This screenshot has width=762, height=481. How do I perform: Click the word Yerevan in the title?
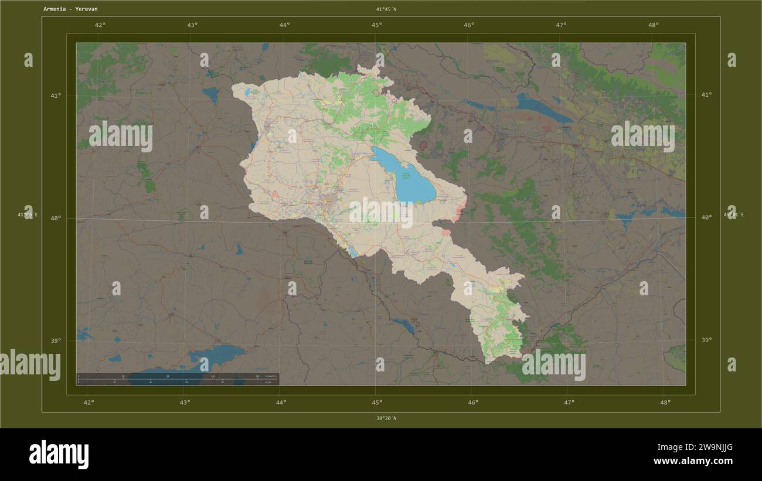86,9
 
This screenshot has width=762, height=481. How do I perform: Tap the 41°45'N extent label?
386,9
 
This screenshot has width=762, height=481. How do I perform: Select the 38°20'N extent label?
386,418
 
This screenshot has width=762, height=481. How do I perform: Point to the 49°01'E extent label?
733,214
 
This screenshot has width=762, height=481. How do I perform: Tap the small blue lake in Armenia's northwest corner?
254,92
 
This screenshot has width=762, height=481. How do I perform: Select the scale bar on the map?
178,378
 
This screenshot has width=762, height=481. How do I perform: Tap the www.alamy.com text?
693,461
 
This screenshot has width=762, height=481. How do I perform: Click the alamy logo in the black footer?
59,455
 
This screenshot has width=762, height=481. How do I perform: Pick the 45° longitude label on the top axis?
377,25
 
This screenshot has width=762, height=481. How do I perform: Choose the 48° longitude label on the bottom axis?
665,402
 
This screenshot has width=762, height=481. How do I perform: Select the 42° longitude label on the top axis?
100,25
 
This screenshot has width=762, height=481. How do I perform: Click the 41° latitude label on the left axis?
56,95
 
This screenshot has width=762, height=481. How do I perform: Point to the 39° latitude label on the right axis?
706,340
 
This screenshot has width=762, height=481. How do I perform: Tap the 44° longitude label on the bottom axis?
281,402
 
